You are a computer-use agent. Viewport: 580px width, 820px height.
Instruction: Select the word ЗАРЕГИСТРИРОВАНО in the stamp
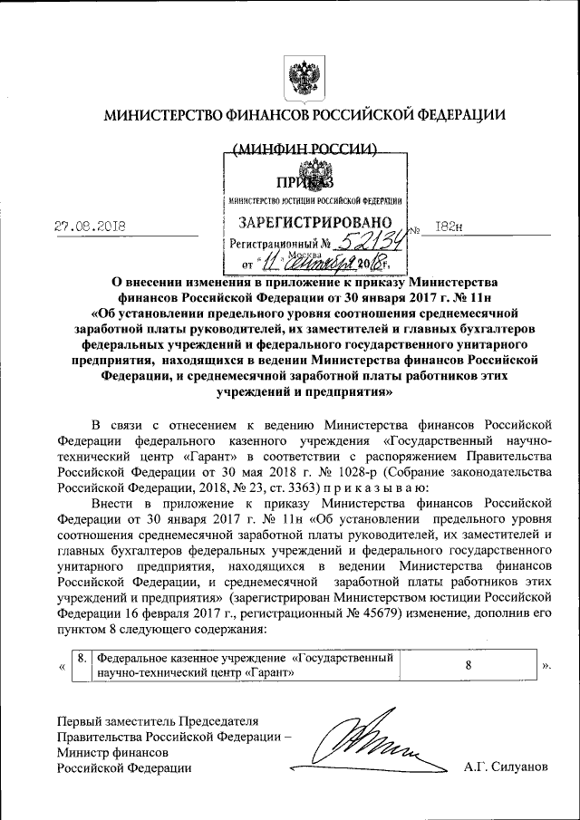[x=314, y=222]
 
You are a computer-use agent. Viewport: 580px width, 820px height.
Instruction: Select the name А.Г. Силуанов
[x=506, y=767]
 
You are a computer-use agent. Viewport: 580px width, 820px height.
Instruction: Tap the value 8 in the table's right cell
[x=469, y=666]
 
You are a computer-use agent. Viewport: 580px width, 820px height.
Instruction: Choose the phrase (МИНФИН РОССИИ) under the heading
[x=304, y=150]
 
